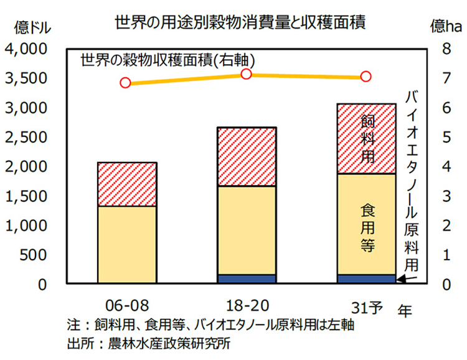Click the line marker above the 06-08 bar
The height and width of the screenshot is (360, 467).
point(125,83)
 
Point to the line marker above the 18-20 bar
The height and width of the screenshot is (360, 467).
point(246,74)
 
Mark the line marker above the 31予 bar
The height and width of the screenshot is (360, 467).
point(366,77)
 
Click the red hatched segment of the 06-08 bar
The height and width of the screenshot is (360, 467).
point(127,184)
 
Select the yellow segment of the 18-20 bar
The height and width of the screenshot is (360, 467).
point(247,230)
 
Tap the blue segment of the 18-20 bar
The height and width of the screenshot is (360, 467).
point(247,279)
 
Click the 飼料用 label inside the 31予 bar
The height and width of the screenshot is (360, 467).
point(367,139)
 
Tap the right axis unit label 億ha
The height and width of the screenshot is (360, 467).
point(446,27)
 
